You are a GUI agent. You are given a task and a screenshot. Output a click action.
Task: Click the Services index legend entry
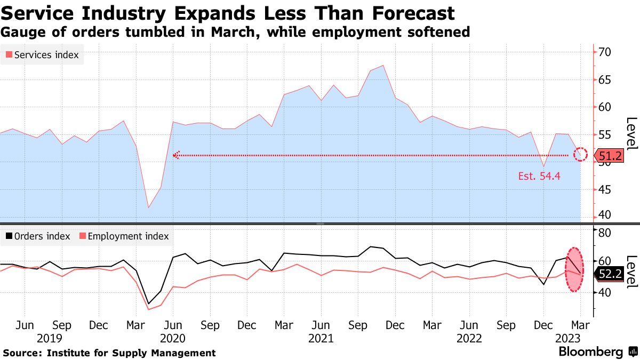point(42,55)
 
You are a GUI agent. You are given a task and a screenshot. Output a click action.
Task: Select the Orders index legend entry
point(38,236)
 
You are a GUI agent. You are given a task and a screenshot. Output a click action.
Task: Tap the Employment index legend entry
point(124,236)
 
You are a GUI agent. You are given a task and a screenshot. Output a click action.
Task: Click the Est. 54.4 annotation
point(539,176)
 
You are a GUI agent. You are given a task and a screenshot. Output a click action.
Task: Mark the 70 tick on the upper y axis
point(604,52)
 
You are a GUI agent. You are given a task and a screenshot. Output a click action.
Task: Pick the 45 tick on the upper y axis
point(604,189)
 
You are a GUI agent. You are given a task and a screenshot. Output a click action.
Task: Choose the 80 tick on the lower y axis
point(604,233)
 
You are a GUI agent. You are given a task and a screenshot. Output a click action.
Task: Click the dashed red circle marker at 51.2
point(580,155)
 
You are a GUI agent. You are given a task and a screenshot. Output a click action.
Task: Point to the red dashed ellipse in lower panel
point(574,269)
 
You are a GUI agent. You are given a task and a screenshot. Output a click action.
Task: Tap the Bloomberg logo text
point(590,352)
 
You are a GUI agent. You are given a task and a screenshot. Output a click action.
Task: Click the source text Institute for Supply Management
point(131,353)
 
